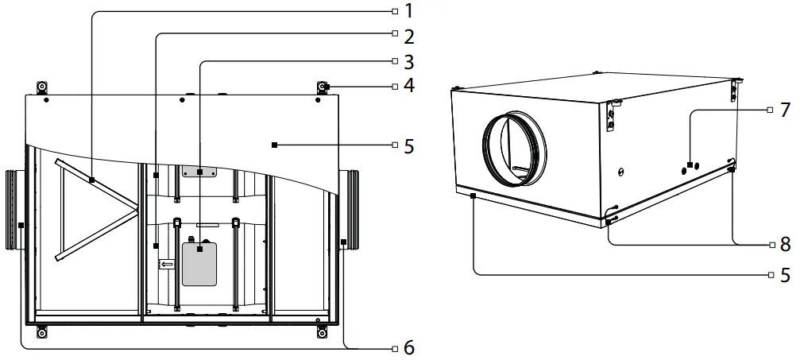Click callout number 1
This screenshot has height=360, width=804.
408,11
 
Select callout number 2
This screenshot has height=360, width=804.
408,36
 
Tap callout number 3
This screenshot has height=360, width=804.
408,60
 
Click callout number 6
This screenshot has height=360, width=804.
408,347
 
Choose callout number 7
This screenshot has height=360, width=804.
784,110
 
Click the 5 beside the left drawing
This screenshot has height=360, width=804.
408,145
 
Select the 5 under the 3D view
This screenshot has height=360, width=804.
784,275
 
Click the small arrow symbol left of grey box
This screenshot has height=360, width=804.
167,264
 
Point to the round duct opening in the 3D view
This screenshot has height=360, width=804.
514,148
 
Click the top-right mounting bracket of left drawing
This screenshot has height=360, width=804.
323,87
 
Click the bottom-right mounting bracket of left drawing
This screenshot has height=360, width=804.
323,330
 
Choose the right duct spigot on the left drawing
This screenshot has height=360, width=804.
350,211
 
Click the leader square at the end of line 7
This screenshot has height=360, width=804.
690,165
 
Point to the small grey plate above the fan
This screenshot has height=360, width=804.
199,172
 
